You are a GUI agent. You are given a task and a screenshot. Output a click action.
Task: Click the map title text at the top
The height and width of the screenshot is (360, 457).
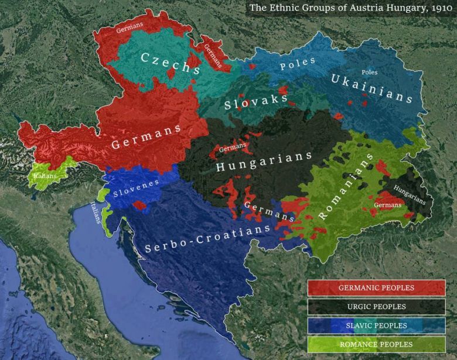350,8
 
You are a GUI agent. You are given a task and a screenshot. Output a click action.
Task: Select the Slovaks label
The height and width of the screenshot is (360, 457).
257,102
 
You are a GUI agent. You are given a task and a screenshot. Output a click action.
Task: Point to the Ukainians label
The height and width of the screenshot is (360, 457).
371,88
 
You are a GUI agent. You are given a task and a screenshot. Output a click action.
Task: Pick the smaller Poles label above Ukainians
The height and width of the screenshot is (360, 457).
370,72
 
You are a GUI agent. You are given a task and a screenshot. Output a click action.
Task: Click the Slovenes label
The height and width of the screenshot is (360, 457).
136,188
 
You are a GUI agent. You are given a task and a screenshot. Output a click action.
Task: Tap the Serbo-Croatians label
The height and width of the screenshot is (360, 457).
207,239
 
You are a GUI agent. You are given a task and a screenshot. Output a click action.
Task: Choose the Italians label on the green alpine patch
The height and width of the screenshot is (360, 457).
45,175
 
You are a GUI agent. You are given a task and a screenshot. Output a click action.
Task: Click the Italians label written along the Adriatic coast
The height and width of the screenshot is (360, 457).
96,214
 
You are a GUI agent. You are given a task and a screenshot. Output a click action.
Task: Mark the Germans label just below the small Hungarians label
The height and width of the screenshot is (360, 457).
387,205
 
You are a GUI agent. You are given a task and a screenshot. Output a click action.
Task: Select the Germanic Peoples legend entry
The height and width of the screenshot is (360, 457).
376,288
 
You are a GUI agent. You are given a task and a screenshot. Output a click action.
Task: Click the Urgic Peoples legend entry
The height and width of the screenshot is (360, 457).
376,306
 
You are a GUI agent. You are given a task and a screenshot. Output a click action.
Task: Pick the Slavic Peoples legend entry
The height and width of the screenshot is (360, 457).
376,325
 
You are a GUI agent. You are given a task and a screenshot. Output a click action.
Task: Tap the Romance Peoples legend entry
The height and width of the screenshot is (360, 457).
376,344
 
